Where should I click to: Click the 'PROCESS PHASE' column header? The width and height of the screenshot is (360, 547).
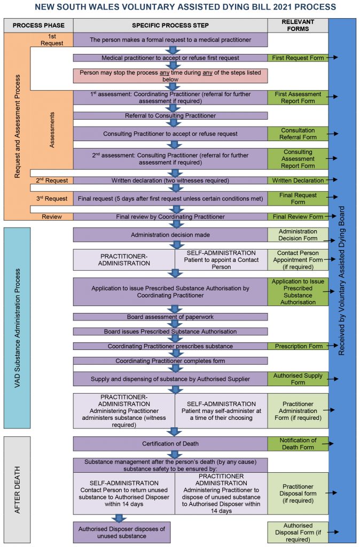pyautogui.click(x=38, y=25)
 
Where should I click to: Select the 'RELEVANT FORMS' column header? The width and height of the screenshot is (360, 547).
pyautogui.click(x=298, y=25)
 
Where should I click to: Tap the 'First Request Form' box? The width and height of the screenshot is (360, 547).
pyautogui.click(x=298, y=58)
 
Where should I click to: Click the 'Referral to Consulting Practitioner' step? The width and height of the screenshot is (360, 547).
pyautogui.click(x=170, y=115)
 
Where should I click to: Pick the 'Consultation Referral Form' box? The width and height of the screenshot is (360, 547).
pyautogui.click(x=298, y=134)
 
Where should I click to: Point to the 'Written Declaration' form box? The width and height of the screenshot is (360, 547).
pyautogui.click(x=298, y=181)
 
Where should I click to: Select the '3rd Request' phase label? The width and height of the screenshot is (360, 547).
pyautogui.click(x=52, y=199)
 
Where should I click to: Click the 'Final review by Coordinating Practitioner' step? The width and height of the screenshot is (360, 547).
pyautogui.click(x=170, y=217)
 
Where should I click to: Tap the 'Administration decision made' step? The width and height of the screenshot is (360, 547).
pyautogui.click(x=170, y=235)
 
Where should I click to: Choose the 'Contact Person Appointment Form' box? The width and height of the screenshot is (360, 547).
pyautogui.click(x=298, y=260)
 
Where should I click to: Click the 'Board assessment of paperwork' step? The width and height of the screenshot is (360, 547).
pyautogui.click(x=170, y=317)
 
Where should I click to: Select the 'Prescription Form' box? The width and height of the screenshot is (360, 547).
pyautogui.click(x=298, y=346)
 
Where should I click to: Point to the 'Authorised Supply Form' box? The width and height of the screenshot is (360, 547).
pyautogui.click(x=298, y=379)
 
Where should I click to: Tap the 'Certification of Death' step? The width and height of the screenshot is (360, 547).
pyautogui.click(x=170, y=443)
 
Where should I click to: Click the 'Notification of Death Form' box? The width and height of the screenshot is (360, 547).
pyautogui.click(x=298, y=443)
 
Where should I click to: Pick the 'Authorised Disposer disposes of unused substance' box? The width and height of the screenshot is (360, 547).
pyautogui.click(x=122, y=532)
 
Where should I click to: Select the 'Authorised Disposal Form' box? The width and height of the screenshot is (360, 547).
pyautogui.click(x=298, y=532)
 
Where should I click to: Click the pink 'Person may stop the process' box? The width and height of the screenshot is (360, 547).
pyautogui.click(x=170, y=75)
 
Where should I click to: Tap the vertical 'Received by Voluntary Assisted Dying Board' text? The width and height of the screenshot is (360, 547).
pyautogui.click(x=342, y=280)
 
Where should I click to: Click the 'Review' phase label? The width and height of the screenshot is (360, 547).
pyautogui.click(x=52, y=217)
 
